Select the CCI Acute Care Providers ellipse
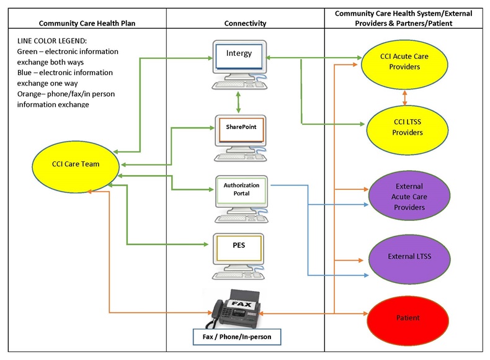(404, 61)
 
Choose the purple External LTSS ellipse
(409, 256)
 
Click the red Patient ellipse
(408, 318)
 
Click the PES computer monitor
(239, 248)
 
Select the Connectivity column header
(245, 23)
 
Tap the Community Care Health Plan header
(87, 23)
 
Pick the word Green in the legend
(29, 52)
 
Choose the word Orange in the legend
(32, 94)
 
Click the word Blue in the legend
(26, 73)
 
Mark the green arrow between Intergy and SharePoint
(239, 101)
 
